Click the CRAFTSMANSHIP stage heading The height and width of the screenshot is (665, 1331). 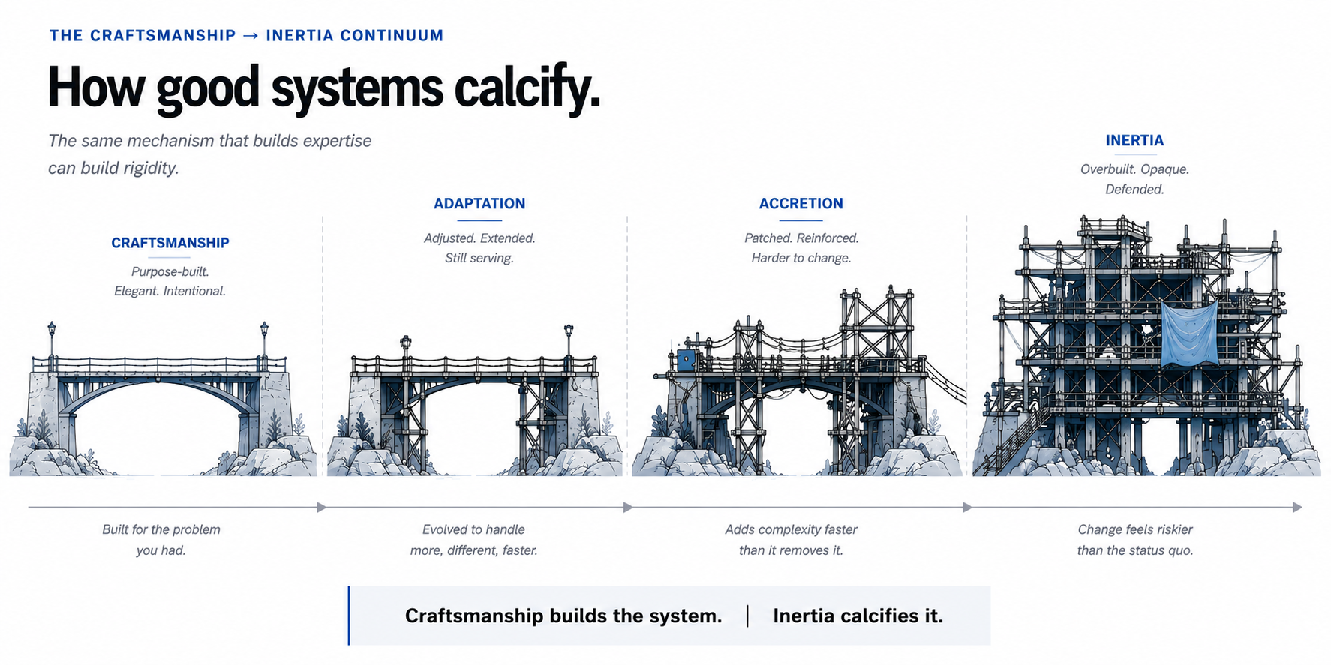tap(170, 243)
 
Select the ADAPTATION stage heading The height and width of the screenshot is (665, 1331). tap(479, 204)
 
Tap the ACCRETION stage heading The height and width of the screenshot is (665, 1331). tap(801, 204)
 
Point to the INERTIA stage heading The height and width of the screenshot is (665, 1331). tap(1134, 141)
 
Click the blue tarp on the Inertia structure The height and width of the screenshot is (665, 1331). tap(1189, 334)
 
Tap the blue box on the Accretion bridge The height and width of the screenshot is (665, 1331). tap(687, 360)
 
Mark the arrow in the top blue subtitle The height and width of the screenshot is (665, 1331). tap(251, 36)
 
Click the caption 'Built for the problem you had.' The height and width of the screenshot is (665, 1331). tap(161, 540)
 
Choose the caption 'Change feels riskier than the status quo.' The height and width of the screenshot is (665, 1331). tap(1135, 540)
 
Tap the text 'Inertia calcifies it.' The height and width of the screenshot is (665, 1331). tap(858, 616)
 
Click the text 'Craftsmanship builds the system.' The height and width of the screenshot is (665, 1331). tap(563, 616)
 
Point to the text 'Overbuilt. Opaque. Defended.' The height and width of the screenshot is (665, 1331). tap(1134, 179)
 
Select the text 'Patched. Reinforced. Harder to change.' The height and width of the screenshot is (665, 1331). tap(801, 248)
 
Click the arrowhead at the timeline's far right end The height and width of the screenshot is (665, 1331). tap(1297, 508)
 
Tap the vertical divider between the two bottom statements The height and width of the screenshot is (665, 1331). tap(748, 616)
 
